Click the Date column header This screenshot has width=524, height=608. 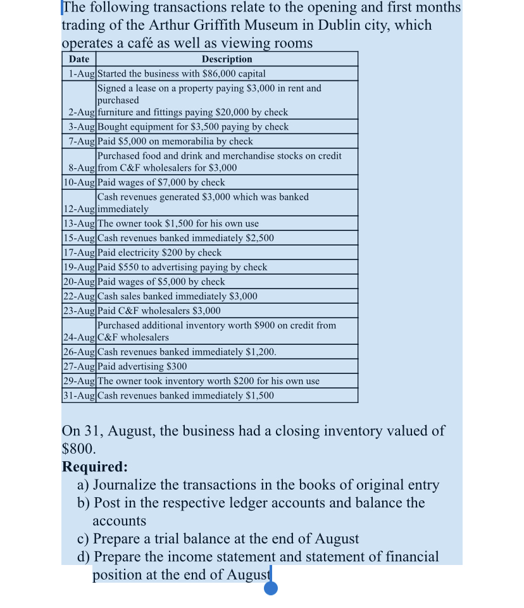coord(79,59)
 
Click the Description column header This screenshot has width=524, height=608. coord(227,59)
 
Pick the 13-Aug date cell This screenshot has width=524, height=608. coord(80,223)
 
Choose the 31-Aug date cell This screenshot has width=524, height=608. coord(80,395)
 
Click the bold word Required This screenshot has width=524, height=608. coord(94,467)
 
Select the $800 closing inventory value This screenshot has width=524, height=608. coord(78,449)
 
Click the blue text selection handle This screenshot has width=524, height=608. coord(271,588)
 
